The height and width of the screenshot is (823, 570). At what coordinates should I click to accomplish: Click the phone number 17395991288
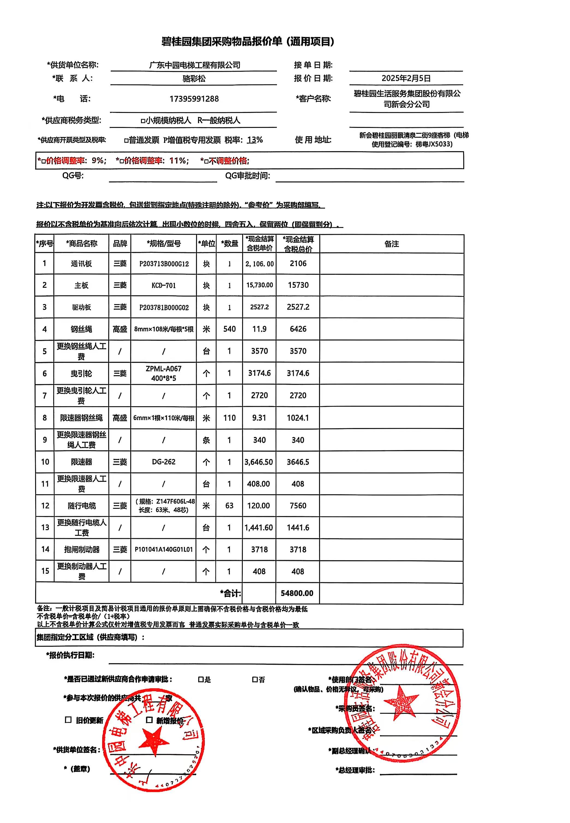tap(194, 99)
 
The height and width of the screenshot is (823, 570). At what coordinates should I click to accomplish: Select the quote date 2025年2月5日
tap(406, 78)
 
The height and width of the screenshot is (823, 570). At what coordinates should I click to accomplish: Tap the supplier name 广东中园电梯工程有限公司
tap(194, 65)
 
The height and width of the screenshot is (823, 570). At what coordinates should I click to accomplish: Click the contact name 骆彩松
tap(194, 78)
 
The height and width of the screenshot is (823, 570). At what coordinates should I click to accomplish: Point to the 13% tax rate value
tap(255, 140)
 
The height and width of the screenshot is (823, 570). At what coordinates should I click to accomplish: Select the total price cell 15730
tap(298, 285)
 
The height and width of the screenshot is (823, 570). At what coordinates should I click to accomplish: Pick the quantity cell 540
tap(229, 329)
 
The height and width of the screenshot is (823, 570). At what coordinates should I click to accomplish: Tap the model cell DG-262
tap(164, 462)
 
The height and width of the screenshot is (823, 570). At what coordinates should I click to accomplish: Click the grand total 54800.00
tap(297, 593)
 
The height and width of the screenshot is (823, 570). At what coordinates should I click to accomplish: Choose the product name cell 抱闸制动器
tap(82, 550)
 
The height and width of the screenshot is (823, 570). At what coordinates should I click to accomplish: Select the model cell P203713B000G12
tap(164, 264)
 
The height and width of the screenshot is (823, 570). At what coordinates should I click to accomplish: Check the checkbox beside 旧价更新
tap(68, 720)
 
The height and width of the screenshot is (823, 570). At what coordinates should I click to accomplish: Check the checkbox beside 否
tap(255, 680)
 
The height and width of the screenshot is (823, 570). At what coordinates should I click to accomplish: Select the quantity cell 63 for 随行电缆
tap(229, 506)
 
